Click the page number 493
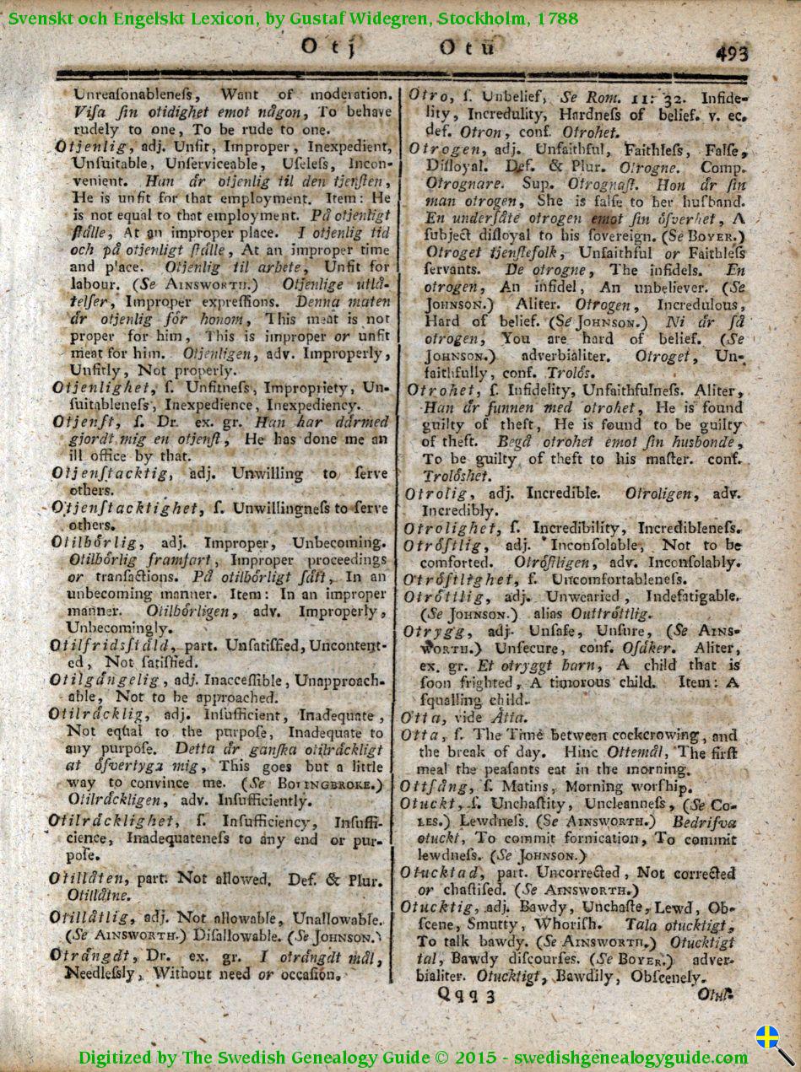[x=731, y=54]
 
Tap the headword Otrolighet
[x=452, y=528]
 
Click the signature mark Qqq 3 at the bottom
[x=465, y=996]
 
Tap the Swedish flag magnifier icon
[x=773, y=1042]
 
